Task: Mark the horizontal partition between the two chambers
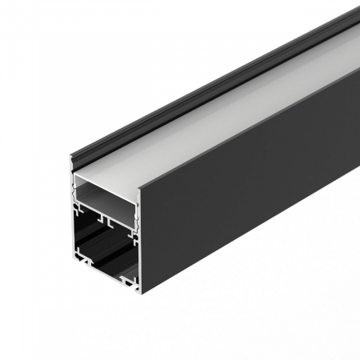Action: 109,210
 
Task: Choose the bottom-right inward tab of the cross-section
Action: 128,279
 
